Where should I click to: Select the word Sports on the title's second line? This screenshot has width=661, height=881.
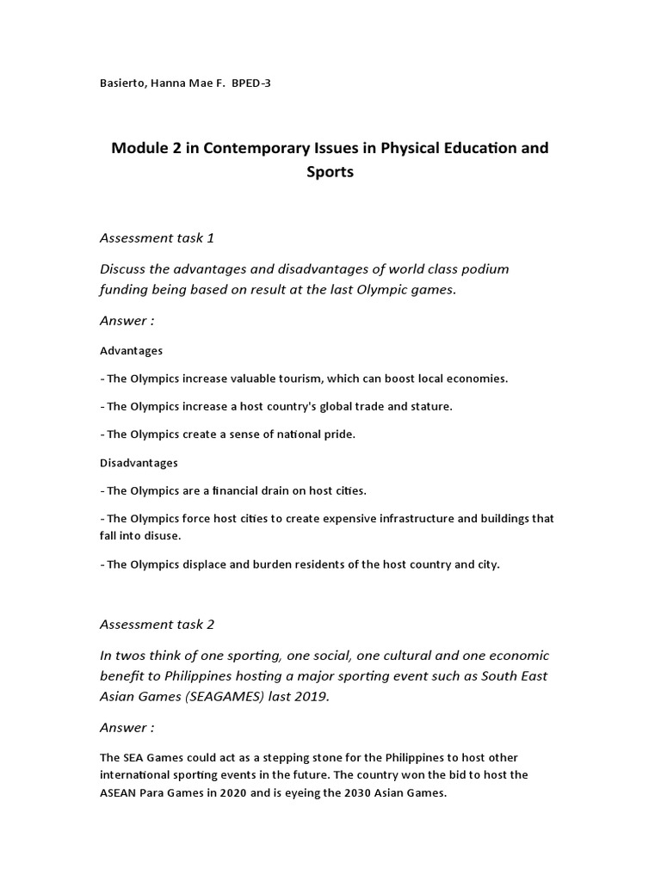coord(330,171)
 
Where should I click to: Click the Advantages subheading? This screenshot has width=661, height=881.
coord(131,351)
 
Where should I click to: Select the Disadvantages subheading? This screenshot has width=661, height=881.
coord(139,463)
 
